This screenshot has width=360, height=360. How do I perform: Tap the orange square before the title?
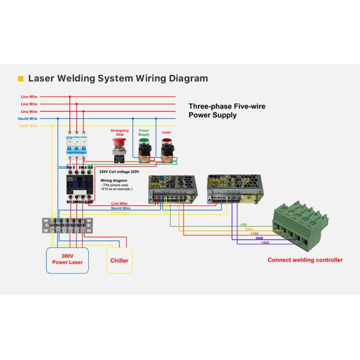[20, 79]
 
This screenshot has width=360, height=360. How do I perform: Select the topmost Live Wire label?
[29, 96]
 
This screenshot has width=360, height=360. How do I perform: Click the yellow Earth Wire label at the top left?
[28, 126]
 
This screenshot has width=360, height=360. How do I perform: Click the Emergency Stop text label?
[119, 132]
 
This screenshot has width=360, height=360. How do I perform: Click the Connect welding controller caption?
[305, 260]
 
